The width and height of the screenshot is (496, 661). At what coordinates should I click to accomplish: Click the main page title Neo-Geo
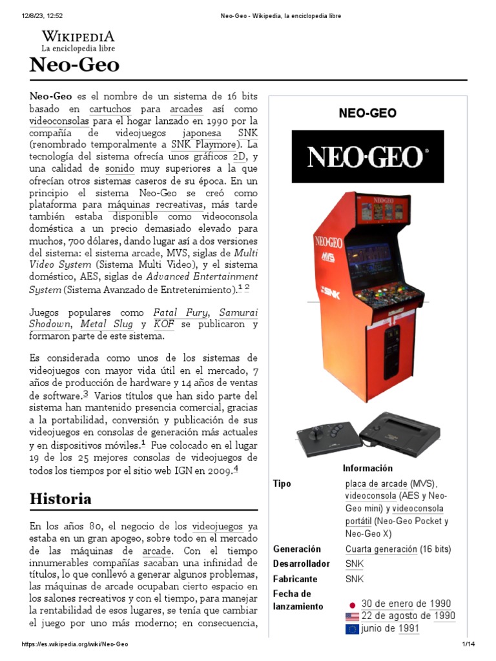point(74,65)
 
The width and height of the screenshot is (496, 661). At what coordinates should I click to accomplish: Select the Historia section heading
point(61,499)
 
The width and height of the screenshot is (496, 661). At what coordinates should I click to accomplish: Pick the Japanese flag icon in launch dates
point(352,605)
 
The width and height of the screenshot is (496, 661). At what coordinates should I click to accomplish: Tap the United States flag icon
point(352,616)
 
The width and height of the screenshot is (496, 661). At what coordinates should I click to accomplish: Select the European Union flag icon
point(352,629)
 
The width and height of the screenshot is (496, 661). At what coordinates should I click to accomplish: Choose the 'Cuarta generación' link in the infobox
point(381,549)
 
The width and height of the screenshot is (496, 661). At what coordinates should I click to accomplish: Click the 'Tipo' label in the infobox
point(282,483)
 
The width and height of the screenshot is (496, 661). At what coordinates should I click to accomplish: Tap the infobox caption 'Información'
point(367,468)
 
